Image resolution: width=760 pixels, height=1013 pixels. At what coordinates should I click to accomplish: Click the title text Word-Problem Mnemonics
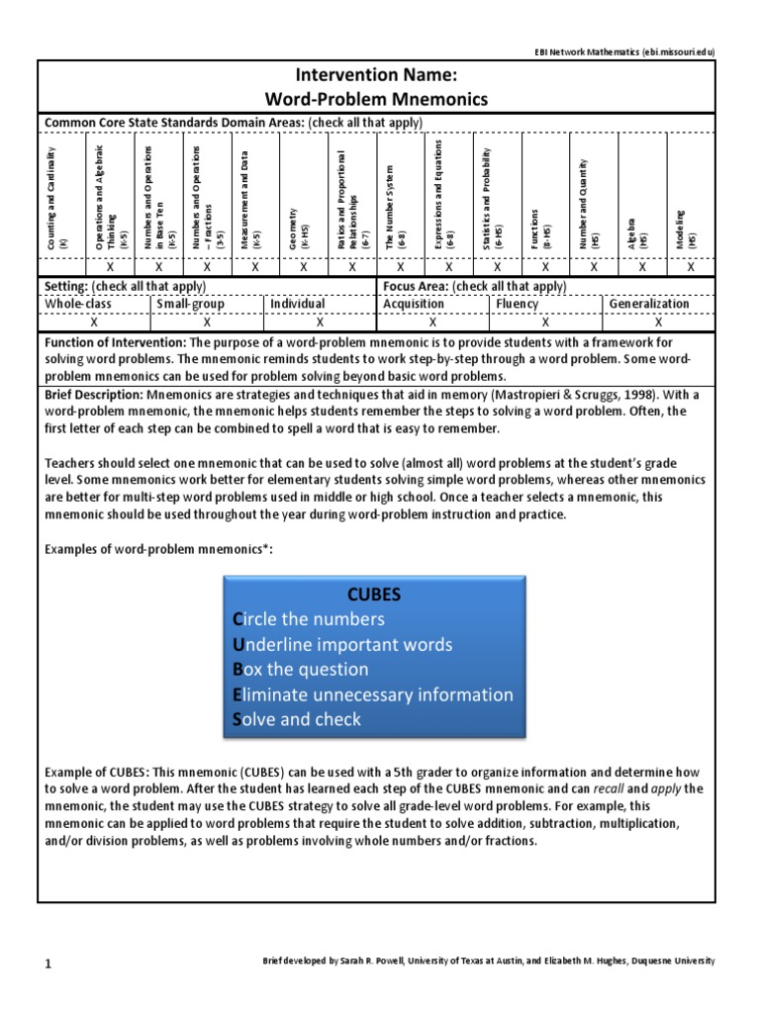pyautogui.click(x=375, y=99)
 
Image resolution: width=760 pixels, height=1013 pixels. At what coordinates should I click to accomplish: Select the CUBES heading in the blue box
pyautogui.click(x=373, y=594)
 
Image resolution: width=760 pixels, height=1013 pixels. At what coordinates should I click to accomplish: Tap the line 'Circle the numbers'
pyautogui.click(x=308, y=619)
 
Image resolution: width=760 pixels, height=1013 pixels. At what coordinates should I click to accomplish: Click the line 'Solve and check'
pyautogui.click(x=296, y=719)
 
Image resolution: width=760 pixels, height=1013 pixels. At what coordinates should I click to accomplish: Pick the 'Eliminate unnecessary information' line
pyautogui.click(x=372, y=694)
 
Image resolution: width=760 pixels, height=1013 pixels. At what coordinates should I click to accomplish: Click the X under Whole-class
pyautogui.click(x=94, y=322)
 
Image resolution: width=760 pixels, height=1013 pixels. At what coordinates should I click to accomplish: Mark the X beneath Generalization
pyautogui.click(x=658, y=322)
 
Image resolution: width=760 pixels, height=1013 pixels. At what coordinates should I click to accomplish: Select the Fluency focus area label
pyautogui.click(x=517, y=304)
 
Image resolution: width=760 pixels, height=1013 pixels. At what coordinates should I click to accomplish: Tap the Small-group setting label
pyautogui.click(x=190, y=304)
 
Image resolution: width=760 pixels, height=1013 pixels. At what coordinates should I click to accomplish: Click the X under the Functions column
pyautogui.click(x=544, y=267)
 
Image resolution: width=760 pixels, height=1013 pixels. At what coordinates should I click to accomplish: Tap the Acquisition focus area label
pyautogui.click(x=415, y=304)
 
